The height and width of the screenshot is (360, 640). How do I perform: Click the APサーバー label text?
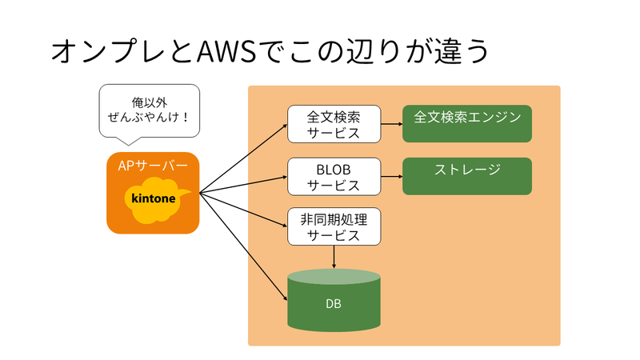(152, 166)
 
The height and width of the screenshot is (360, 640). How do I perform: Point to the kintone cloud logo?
(153, 199)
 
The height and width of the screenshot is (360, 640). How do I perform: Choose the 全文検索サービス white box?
(334, 124)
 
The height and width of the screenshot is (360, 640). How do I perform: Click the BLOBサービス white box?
(334, 177)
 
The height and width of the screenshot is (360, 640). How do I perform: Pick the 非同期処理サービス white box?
(334, 227)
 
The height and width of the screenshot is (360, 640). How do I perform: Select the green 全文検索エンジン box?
(467, 123)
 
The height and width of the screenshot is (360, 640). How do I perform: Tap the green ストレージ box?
(467, 176)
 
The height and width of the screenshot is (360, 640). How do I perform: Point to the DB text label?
(334, 304)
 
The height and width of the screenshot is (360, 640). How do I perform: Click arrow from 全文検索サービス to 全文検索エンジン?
(391, 124)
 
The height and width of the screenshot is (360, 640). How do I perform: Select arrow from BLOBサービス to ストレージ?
(391, 177)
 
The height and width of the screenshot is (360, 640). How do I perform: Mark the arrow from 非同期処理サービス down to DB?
(334, 257)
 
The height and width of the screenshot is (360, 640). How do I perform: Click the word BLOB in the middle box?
(334, 169)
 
